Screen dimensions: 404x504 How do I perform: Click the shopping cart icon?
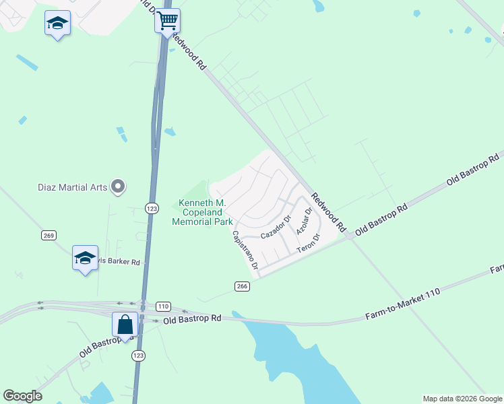(x=167, y=20)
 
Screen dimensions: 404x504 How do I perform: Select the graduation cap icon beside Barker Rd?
(x=85, y=259)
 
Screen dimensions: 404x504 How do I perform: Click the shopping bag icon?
(x=125, y=325)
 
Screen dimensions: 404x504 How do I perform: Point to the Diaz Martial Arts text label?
(x=73, y=187)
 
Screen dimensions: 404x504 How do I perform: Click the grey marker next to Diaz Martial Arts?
(x=119, y=187)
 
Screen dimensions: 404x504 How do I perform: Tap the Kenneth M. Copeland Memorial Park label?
(x=203, y=212)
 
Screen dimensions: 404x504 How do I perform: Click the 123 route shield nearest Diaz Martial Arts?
(x=152, y=209)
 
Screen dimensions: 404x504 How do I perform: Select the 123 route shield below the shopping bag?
(x=138, y=355)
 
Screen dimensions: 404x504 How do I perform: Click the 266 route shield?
(x=243, y=286)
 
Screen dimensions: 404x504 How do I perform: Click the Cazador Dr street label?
(x=276, y=228)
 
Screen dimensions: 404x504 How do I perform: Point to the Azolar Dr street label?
(x=305, y=221)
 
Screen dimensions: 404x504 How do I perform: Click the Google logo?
(x=22, y=396)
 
